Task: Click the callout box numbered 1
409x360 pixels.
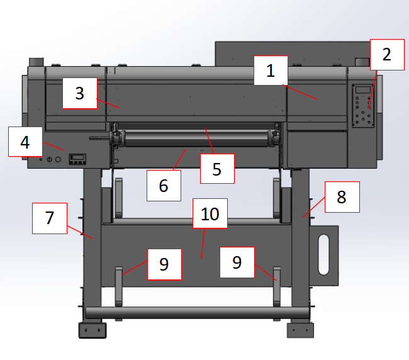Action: (271, 70)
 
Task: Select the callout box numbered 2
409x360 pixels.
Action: (387, 55)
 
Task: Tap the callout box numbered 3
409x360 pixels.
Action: (80, 93)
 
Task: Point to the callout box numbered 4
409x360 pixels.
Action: (25, 142)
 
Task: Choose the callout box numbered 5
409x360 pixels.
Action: (217, 169)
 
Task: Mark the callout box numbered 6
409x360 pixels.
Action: (164, 186)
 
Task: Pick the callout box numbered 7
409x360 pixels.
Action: (50, 218)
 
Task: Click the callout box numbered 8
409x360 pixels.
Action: (342, 197)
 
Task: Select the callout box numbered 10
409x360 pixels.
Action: (210, 213)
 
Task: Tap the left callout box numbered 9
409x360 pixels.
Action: (164, 264)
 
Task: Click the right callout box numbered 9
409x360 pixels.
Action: (237, 262)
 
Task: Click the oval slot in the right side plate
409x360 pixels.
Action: (323, 255)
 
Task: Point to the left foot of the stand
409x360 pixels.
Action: (92, 330)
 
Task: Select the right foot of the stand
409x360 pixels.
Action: (300, 330)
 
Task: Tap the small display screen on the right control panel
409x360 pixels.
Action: (363, 90)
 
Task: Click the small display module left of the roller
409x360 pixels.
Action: (77, 159)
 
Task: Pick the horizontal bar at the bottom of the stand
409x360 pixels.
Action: (198, 313)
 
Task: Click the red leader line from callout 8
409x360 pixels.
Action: (314, 208)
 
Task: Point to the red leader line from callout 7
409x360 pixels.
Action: (80, 232)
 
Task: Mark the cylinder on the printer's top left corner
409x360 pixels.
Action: (36, 62)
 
